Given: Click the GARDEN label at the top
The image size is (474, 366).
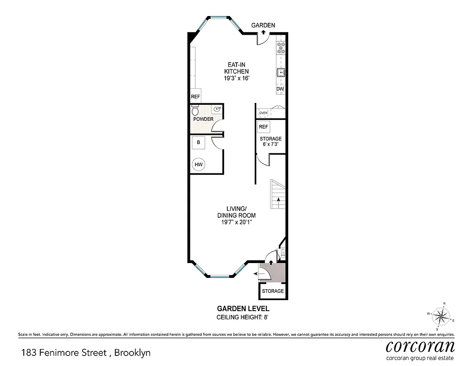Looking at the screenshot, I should pyautogui.click(x=263, y=26).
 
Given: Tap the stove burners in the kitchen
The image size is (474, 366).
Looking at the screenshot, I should pyautogui.click(x=281, y=48).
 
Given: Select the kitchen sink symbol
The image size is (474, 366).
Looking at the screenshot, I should pyautogui.click(x=281, y=72).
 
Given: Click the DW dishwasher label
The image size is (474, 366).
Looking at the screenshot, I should pyautogui.click(x=280, y=89).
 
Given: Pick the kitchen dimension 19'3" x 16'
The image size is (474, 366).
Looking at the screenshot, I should pyautogui.click(x=236, y=78).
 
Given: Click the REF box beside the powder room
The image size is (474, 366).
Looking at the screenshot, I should pyautogui.click(x=195, y=97).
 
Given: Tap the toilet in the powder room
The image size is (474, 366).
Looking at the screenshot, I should pyautogui.click(x=195, y=111).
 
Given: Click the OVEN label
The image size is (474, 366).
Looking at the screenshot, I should pyautogui.click(x=263, y=113).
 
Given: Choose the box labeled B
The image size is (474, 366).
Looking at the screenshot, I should pyautogui.click(x=199, y=142).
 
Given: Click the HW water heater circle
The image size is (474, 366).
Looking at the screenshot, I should pyautogui.click(x=199, y=165).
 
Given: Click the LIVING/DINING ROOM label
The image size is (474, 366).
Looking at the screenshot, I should pyautogui.click(x=236, y=212).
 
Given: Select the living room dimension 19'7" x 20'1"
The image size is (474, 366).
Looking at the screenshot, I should pyautogui.click(x=236, y=222).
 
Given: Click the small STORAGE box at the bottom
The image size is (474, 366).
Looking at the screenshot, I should pyautogui.click(x=273, y=291).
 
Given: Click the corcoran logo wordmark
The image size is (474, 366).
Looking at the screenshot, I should pyautogui.click(x=420, y=345).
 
